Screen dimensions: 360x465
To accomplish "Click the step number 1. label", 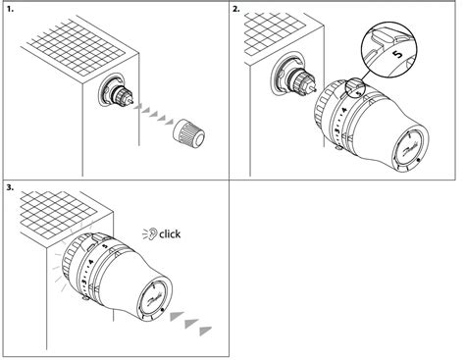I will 11,10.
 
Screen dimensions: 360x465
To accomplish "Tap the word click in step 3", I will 169,234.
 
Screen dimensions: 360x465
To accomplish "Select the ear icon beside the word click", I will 147,234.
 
